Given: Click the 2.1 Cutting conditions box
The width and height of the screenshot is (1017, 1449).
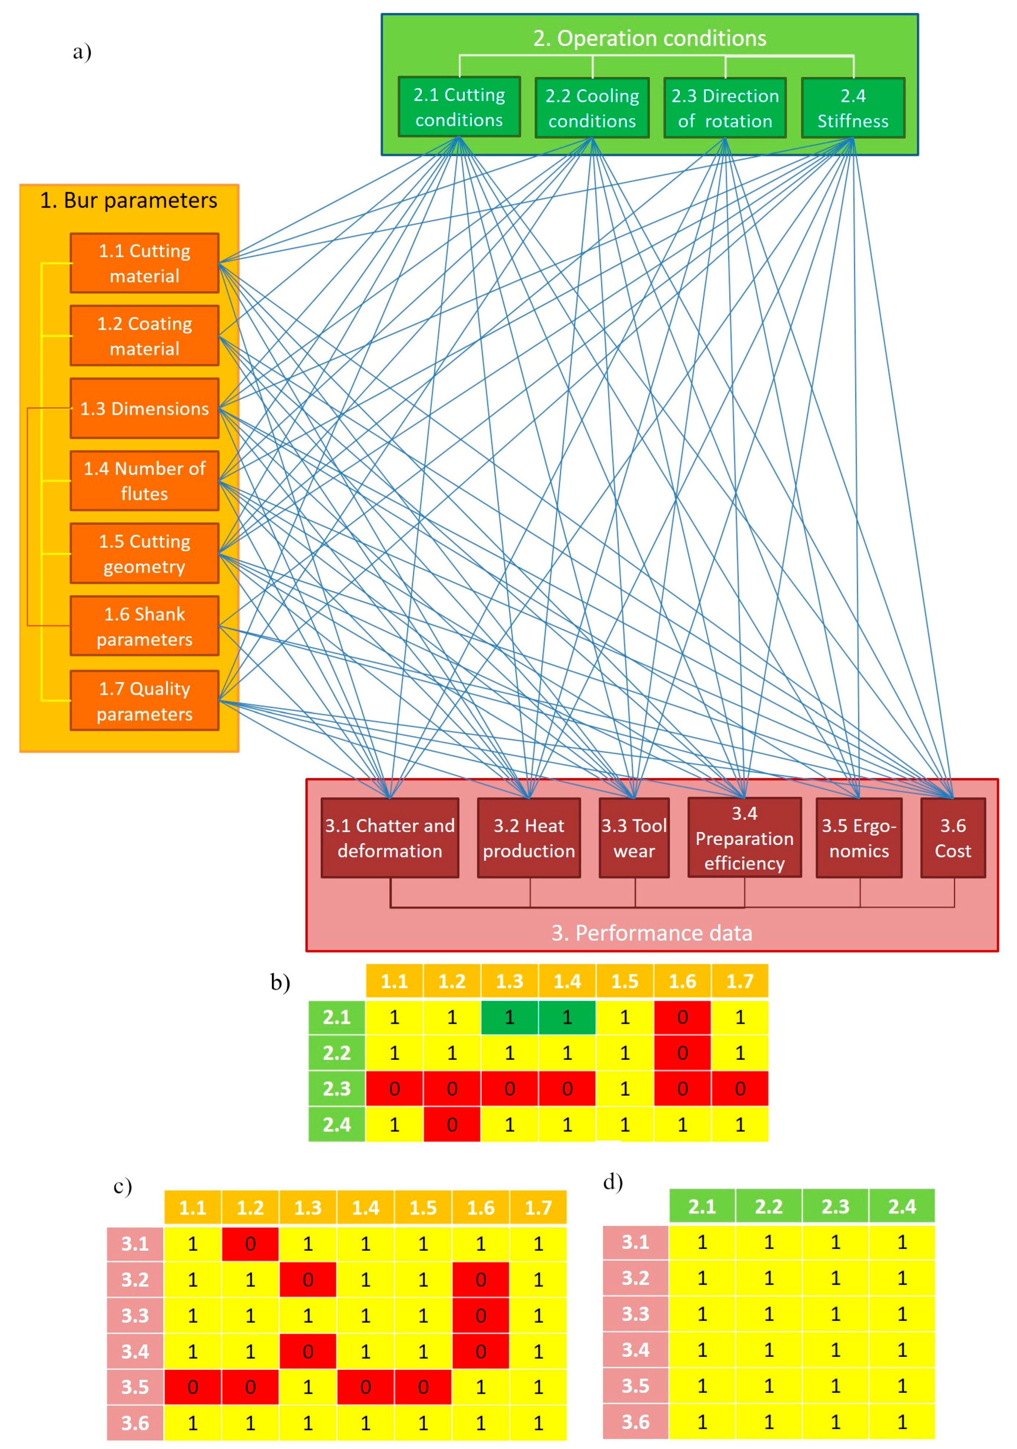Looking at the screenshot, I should click(459, 106).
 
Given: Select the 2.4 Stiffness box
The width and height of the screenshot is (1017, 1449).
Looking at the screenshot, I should click(852, 108).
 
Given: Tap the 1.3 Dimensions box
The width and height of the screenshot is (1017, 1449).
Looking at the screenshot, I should click(144, 408).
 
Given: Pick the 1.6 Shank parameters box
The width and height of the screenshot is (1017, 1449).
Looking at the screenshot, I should click(144, 626).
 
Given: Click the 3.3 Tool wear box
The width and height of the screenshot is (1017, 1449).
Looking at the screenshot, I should click(634, 838).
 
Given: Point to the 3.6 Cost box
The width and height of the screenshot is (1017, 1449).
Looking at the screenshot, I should click(953, 838).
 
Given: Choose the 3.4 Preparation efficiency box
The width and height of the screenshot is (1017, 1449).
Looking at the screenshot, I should click(744, 838).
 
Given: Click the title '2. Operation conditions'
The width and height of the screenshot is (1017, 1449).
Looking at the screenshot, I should click(650, 39).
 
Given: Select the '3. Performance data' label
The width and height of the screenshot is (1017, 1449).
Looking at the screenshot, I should click(651, 933).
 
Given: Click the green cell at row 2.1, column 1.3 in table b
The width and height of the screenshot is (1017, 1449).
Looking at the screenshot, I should click(510, 1017).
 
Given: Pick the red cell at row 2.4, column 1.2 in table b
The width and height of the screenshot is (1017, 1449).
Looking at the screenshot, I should click(452, 1125).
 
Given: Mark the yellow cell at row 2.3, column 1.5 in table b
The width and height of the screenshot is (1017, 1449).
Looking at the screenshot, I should click(624, 1089).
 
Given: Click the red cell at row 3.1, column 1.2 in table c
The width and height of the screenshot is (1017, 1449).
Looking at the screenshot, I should click(250, 1244).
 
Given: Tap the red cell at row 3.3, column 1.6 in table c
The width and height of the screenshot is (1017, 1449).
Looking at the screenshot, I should click(481, 1316).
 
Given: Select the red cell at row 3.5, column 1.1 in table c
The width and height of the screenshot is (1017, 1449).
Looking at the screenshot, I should click(193, 1387).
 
